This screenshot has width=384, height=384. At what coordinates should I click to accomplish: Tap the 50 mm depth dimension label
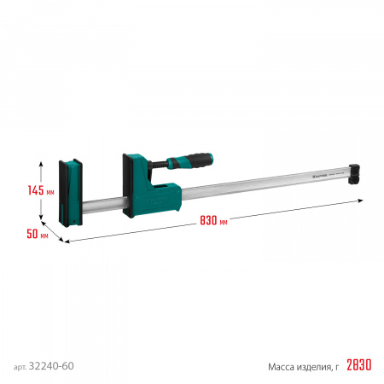[33, 232]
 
